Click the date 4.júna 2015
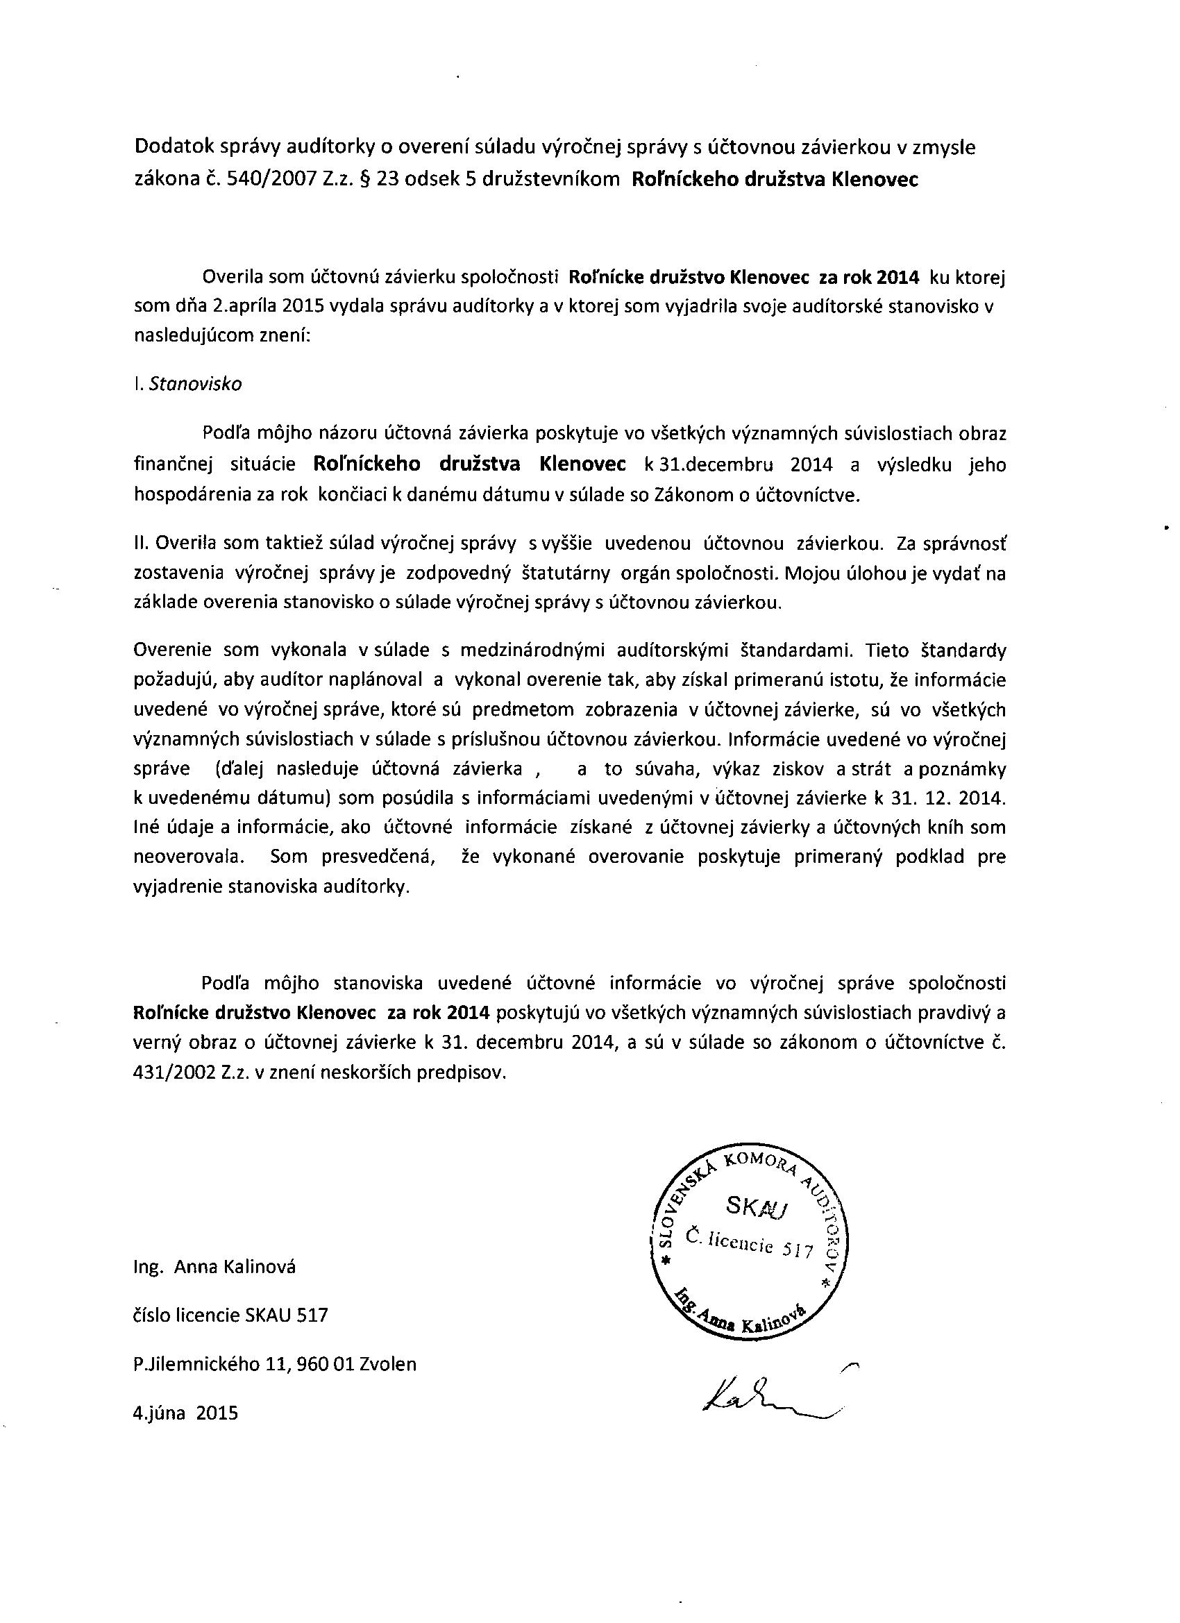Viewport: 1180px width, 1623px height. pos(185,1413)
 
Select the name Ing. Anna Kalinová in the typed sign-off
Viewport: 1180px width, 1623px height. pos(214,1267)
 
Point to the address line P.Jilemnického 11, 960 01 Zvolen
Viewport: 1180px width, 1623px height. pos(275,1364)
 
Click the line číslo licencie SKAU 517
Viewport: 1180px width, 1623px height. pos(230,1315)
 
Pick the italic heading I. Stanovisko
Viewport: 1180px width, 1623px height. pos(188,385)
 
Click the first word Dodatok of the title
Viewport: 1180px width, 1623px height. pos(170,147)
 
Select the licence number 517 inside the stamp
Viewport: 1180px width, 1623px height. pos(799,1250)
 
